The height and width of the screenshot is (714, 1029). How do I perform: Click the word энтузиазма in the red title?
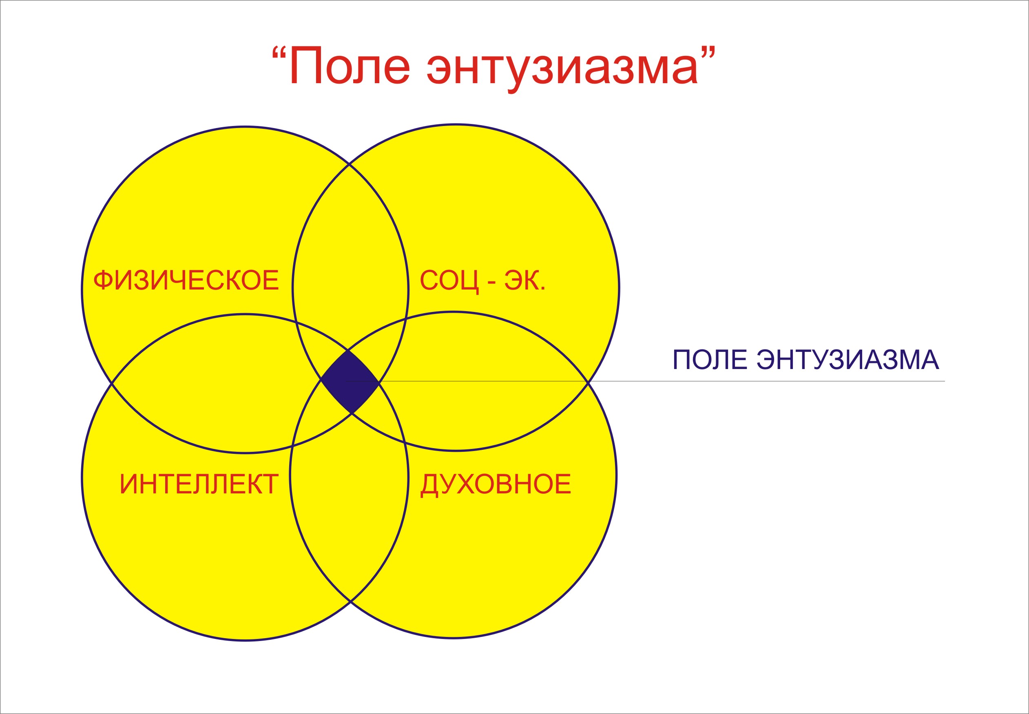562,70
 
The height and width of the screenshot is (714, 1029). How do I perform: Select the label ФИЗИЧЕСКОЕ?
186,281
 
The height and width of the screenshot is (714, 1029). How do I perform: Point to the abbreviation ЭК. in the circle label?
525,281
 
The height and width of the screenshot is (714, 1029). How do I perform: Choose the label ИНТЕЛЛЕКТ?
199,484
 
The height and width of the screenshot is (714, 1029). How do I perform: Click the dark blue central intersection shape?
350,381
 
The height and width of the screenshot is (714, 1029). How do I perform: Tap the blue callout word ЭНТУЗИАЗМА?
848,360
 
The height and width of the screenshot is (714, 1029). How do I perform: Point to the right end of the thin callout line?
945,381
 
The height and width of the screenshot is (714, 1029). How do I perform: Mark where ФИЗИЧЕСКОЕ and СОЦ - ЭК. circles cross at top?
350,164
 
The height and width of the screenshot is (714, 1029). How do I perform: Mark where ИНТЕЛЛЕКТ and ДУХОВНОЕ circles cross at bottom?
350,602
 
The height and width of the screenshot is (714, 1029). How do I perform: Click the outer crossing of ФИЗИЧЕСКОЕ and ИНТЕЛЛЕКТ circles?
111,383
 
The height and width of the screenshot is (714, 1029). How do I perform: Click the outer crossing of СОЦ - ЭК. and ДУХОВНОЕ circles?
588,383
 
